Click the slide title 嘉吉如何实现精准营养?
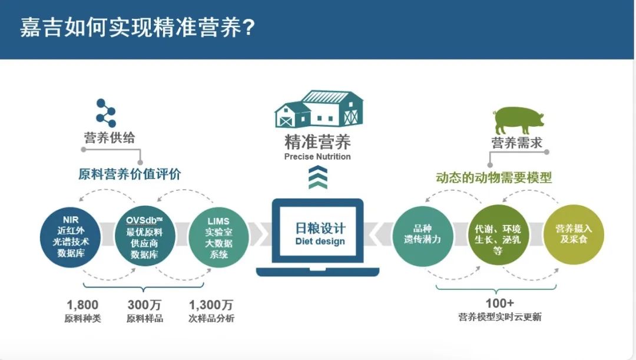click(x=137, y=28)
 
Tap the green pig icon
click(x=518, y=120)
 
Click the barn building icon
click(x=319, y=109)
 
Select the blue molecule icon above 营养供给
click(x=106, y=113)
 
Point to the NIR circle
click(x=71, y=237)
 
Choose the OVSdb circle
click(x=145, y=236)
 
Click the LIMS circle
click(x=218, y=237)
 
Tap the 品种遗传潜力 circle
click(x=423, y=236)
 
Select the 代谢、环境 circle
click(x=498, y=236)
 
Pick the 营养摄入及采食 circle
click(x=574, y=235)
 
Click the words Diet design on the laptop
click(x=320, y=242)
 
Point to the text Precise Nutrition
click(x=317, y=157)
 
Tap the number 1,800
click(x=82, y=305)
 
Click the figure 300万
click(x=144, y=305)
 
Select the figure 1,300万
click(x=211, y=305)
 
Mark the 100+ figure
click(x=500, y=303)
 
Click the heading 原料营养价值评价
click(x=130, y=174)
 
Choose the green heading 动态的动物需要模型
click(x=493, y=177)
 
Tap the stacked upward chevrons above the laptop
click(x=318, y=177)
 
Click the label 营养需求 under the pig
click(x=517, y=143)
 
